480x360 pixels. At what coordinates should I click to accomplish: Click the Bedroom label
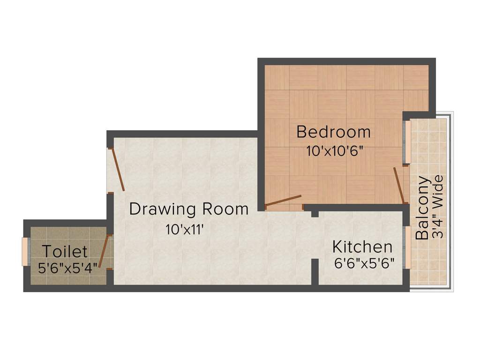coord(333,132)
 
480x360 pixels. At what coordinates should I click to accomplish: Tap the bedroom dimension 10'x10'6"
coord(335,151)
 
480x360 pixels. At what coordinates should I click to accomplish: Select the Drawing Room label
coord(188,209)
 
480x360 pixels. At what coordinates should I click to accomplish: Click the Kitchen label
coord(362,247)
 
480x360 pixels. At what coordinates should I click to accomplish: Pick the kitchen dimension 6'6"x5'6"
coord(364,263)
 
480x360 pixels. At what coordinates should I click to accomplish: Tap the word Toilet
coord(65,252)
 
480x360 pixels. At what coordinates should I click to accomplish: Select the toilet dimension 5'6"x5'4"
coord(67,268)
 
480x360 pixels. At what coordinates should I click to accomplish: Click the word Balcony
coord(422,208)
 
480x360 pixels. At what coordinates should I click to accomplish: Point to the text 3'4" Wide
coord(439,207)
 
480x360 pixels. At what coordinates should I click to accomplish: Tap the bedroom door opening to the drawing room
coord(283,201)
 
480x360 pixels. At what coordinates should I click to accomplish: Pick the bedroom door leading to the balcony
coord(399,185)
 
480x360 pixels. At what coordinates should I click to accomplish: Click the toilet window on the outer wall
coord(24,252)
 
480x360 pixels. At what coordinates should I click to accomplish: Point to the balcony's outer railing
coord(451,202)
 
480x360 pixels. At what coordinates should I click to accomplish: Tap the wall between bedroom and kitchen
coord(356,207)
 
